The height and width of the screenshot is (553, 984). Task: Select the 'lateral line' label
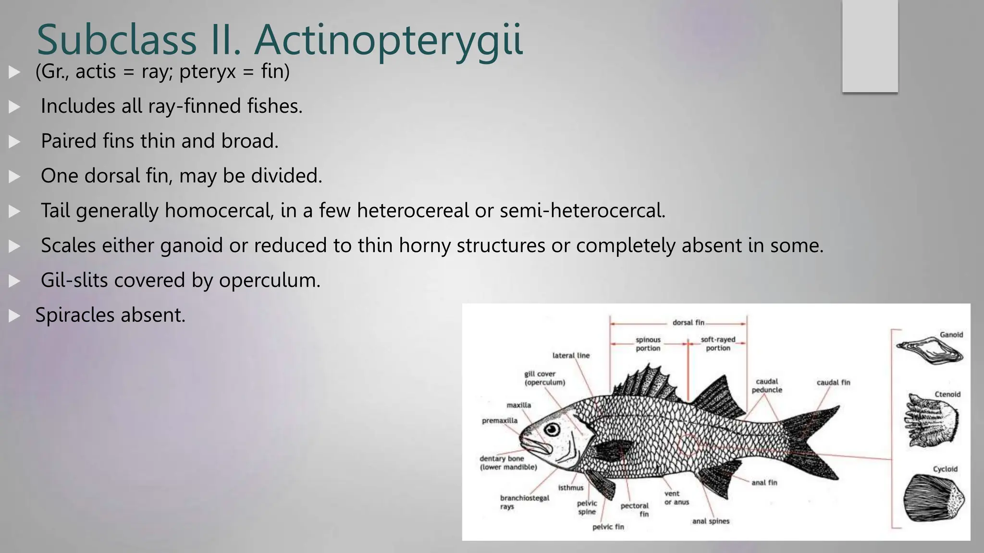[x=571, y=356]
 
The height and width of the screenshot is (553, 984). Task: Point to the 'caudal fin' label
[x=833, y=383]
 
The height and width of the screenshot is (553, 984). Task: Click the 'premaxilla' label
[x=500, y=421]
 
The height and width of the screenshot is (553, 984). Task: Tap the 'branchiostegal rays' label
[x=524, y=502]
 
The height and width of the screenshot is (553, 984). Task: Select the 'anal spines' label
[x=711, y=521]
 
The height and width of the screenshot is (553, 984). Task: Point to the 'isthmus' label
[x=571, y=488]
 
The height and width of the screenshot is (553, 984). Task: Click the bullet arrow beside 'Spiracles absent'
[x=14, y=315]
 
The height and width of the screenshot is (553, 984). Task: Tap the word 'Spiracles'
[x=75, y=315]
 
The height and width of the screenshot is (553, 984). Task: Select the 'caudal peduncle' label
[x=767, y=385]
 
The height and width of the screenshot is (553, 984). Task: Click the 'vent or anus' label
[x=676, y=498]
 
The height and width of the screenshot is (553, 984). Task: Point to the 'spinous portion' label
[x=648, y=344]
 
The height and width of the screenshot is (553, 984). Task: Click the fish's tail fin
[x=812, y=442]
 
